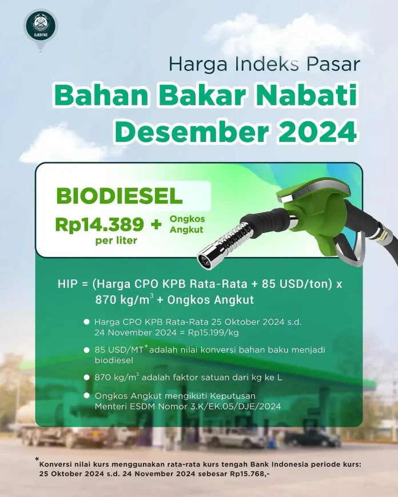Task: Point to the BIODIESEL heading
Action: (x=120, y=196)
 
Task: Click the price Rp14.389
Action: (x=100, y=225)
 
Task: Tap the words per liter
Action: (x=116, y=241)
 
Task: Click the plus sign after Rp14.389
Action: (x=156, y=225)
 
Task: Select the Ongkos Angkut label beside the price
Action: (x=187, y=224)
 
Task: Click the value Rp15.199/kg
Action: (x=213, y=332)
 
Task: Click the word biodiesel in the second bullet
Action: (x=114, y=360)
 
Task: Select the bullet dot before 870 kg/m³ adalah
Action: (x=87, y=377)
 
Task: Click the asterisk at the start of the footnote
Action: (x=37, y=459)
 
